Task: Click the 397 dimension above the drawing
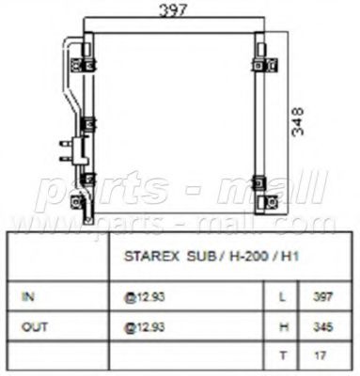tap(173, 10)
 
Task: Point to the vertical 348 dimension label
tap(298, 121)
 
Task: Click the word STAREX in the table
tap(151, 257)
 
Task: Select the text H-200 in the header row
tap(249, 257)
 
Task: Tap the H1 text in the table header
tap(290, 257)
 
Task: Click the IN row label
tap(28, 296)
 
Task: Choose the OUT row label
tap(35, 327)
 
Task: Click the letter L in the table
tap(282, 297)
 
